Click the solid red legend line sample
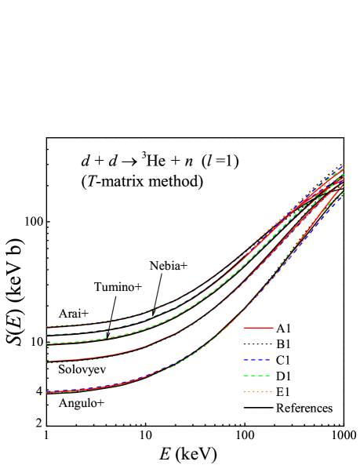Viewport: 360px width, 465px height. (258, 328)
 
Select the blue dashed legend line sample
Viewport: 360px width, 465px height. (256, 359)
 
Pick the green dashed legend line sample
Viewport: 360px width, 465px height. (256, 376)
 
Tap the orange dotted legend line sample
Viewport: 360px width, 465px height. (257, 391)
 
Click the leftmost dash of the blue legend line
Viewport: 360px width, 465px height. (245, 359)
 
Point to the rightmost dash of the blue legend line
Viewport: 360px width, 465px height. (267, 359)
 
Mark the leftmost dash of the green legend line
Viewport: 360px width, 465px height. (245, 376)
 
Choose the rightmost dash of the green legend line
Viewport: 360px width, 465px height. (267, 376)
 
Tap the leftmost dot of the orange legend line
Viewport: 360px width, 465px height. (245, 391)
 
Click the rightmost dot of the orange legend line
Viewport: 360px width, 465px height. (271, 391)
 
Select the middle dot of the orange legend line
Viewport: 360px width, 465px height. (257, 391)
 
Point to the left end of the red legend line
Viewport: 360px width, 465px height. (243, 328)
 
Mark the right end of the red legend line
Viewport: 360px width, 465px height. (273, 328)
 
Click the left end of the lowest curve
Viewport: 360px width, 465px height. (47, 392)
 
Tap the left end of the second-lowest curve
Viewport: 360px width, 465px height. (47, 361)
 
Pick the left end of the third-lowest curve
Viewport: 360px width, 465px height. (47, 343)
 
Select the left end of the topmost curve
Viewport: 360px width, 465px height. (47, 327)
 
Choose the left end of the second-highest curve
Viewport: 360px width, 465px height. (47, 335)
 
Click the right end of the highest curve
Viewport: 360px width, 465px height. (344, 165)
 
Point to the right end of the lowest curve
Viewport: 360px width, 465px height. (344, 194)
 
